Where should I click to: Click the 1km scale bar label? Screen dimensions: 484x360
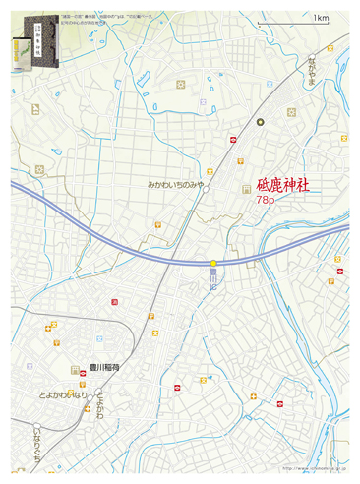[321, 18]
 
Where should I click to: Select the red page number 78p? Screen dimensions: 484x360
[265, 200]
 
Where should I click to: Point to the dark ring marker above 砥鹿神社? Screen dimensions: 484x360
[262, 122]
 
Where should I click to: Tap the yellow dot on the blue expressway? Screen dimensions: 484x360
[213, 262]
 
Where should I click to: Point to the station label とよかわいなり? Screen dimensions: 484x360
[64, 394]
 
